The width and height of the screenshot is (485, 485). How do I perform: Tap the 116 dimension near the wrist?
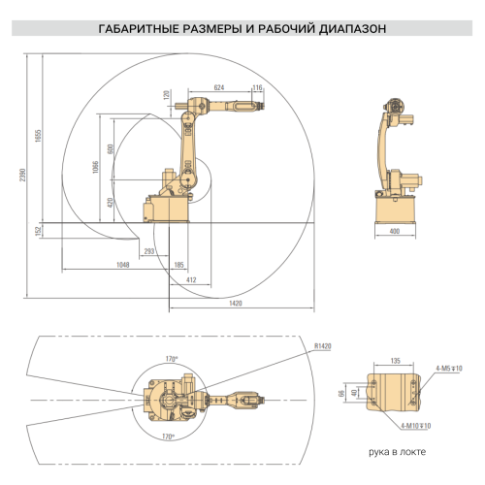(x=257, y=87)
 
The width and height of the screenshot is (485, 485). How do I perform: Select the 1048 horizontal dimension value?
(x=122, y=264)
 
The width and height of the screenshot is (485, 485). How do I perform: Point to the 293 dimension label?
(x=149, y=251)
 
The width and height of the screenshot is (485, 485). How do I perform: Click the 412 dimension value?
(x=191, y=279)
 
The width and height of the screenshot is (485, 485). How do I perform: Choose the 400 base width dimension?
(x=394, y=232)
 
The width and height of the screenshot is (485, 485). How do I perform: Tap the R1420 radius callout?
(x=323, y=344)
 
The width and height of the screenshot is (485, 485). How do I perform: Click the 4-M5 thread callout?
(x=449, y=369)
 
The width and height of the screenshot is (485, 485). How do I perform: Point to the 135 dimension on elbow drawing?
(x=394, y=360)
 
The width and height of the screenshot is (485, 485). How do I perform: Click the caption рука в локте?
(x=396, y=453)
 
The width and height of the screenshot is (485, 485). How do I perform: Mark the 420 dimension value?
(x=111, y=202)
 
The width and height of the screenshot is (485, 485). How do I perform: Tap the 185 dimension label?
(x=179, y=264)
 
